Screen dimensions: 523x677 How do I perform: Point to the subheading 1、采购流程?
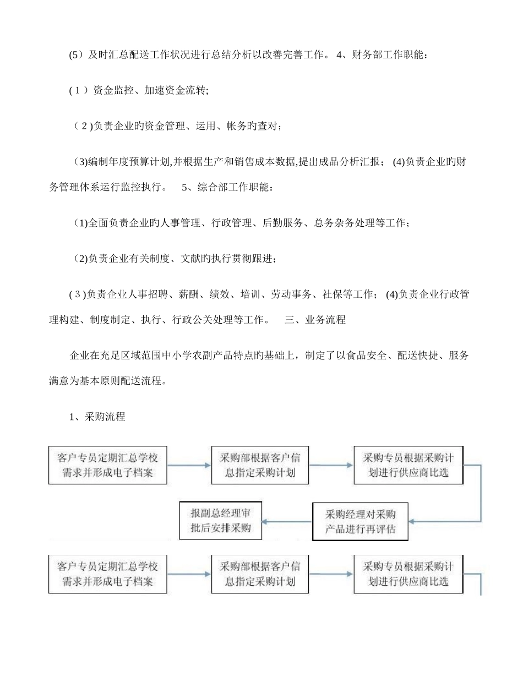coord(97,417)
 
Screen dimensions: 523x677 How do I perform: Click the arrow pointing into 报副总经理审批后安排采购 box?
coord(287,521)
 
